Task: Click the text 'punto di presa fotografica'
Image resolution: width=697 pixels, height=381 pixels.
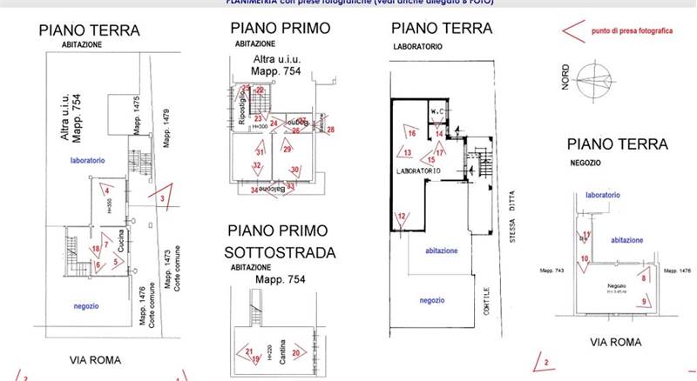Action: pos(631,30)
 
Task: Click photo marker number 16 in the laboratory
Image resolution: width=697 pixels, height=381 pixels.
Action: pos(412,133)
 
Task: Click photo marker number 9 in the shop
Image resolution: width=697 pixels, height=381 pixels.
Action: pos(644,301)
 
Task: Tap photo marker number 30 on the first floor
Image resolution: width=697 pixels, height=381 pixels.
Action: pos(294,170)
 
